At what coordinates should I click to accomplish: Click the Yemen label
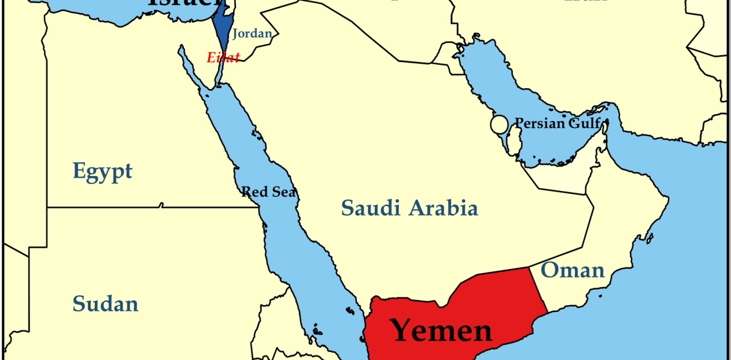click(x=441, y=330)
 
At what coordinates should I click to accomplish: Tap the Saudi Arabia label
click(x=409, y=208)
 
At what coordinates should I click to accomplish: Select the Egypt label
click(x=102, y=171)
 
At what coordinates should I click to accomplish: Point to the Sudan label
click(x=105, y=304)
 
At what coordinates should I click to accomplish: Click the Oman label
click(x=573, y=270)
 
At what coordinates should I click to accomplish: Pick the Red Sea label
click(x=269, y=192)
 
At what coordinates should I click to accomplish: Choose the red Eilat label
click(x=223, y=57)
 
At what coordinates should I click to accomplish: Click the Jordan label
click(x=252, y=33)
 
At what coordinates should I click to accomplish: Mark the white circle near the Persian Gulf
click(x=499, y=125)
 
